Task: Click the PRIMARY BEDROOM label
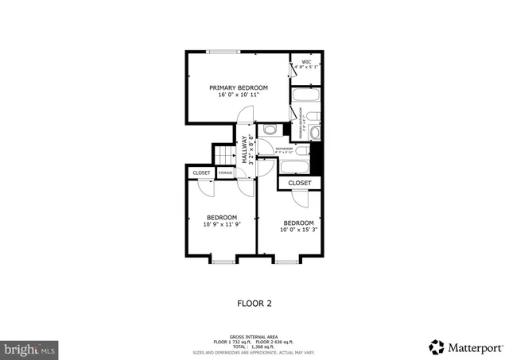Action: pos(239,87)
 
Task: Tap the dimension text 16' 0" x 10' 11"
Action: pos(239,95)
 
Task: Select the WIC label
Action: pos(306,61)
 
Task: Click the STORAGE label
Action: pos(225,172)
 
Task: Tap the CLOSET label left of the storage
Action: pos(201,172)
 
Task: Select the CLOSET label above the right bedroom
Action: pos(300,183)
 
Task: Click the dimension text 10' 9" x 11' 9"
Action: pos(222,225)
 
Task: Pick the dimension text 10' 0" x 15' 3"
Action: pos(299,230)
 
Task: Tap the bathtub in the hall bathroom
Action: pos(294,165)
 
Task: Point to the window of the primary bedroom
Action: pos(223,52)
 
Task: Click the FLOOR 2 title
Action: pos(254,303)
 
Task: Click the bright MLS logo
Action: pos(30,347)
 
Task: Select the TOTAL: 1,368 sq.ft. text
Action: pos(254,346)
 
